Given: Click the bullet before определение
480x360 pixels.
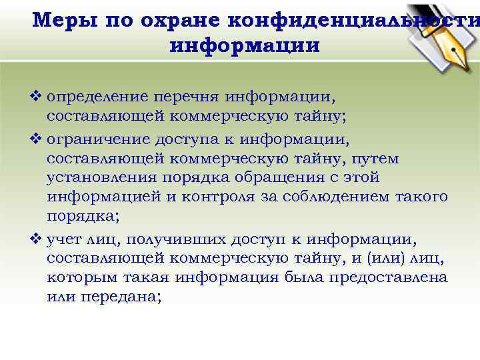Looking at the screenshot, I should click(38, 98).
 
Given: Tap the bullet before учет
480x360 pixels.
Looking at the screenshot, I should click(38, 238).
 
